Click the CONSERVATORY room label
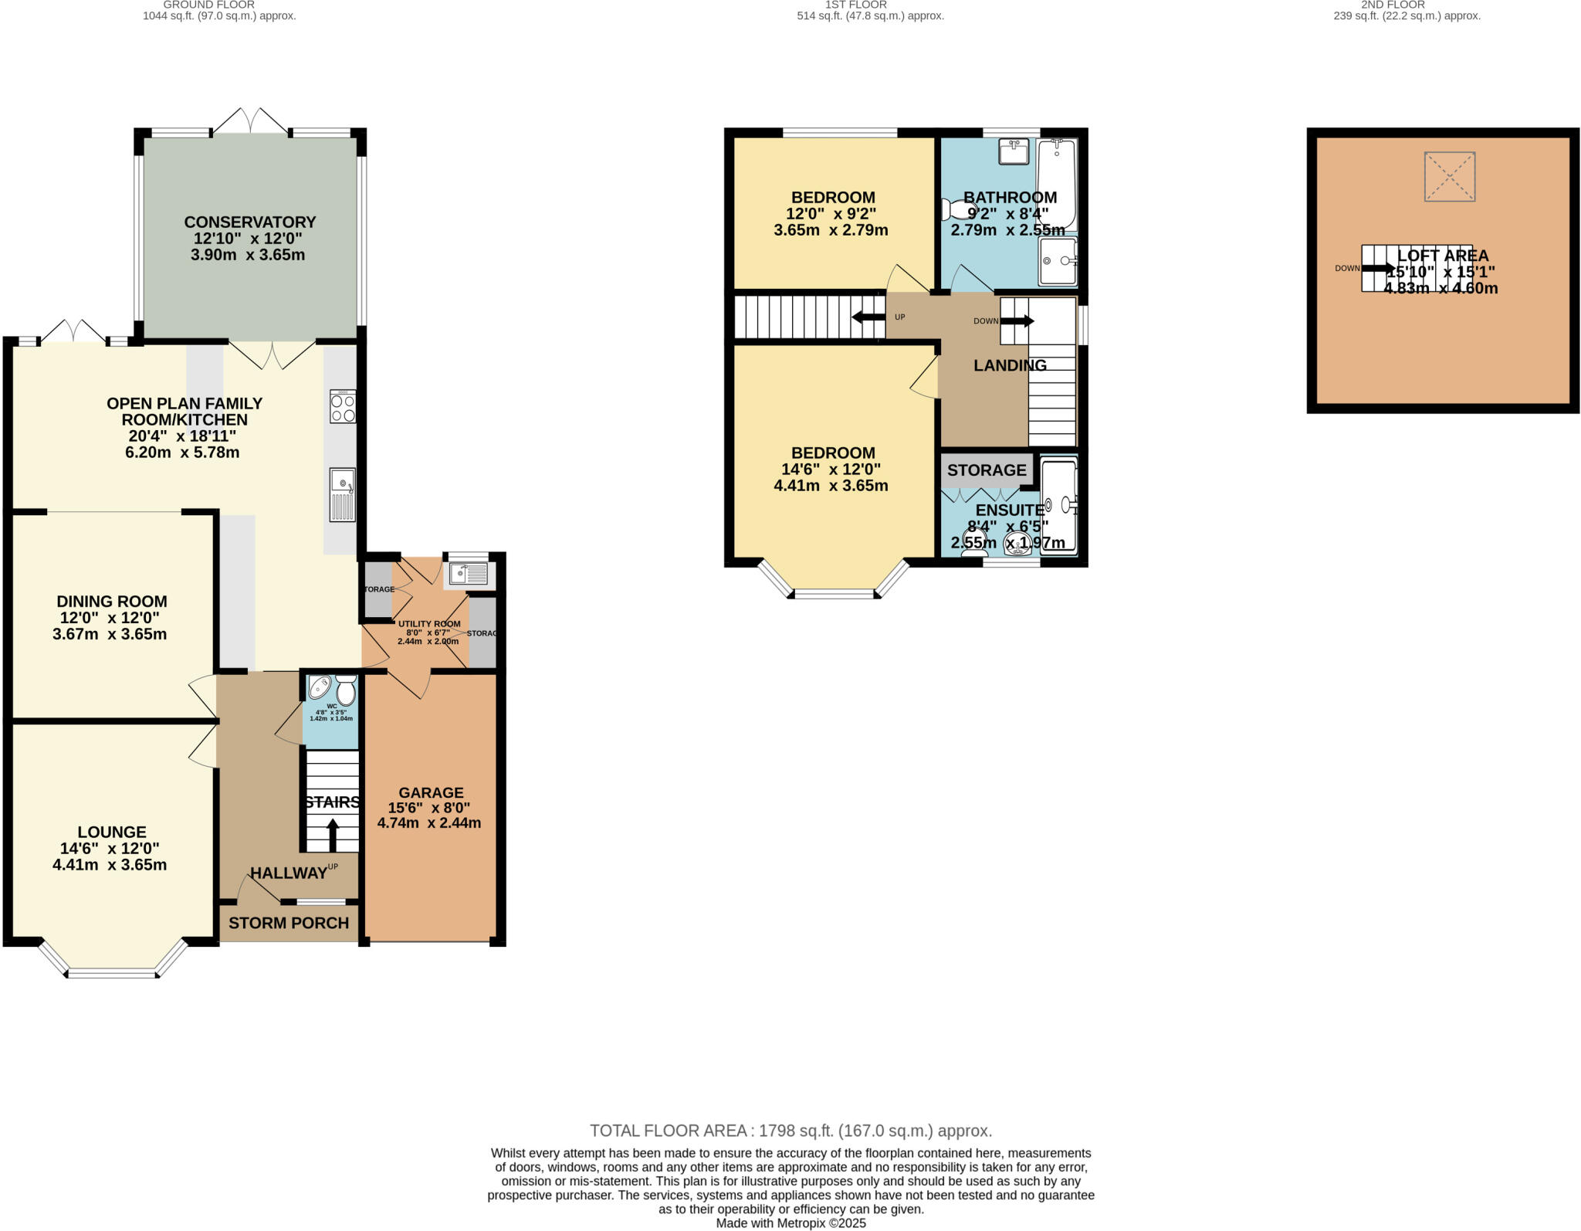(249, 222)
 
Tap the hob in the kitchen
(343, 406)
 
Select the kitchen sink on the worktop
(342, 493)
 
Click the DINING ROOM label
(111, 602)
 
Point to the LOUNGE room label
(111, 832)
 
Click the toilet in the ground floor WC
(346, 690)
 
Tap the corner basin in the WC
(320, 687)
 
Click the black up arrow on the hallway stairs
(333, 834)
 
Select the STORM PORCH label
(289, 923)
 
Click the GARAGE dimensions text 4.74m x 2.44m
(429, 823)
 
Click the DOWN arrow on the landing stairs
(1017, 321)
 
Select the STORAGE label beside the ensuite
(987, 470)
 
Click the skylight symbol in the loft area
(1449, 177)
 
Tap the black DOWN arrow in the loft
(1377, 268)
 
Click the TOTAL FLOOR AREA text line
(790, 1131)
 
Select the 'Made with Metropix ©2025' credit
(790, 1223)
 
